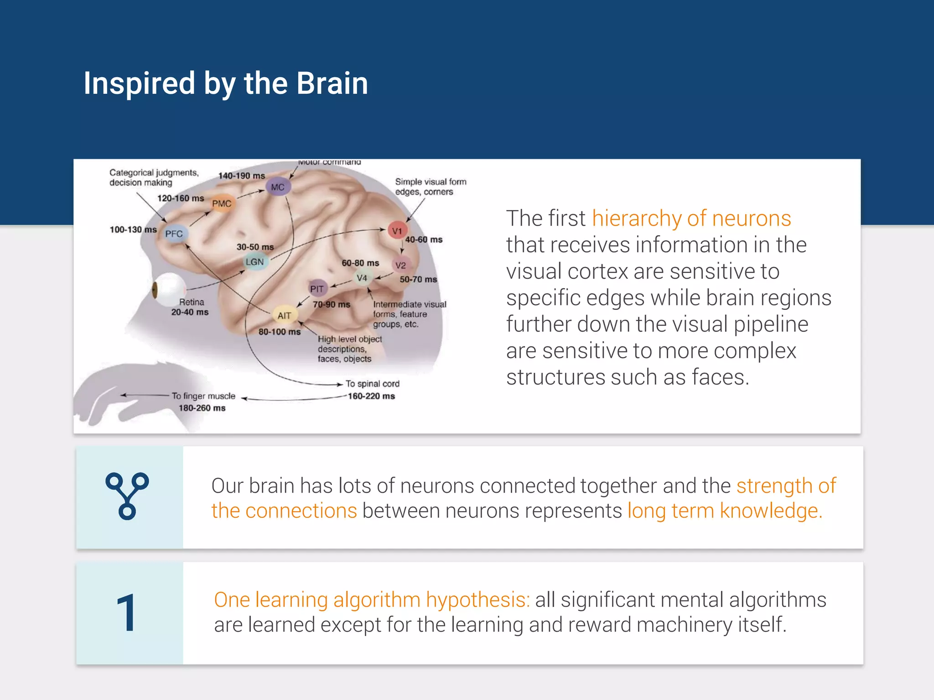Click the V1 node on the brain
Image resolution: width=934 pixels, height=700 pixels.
[x=397, y=231]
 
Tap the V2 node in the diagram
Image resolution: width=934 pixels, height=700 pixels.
[x=400, y=265]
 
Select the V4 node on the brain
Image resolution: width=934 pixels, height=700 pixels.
[x=362, y=278]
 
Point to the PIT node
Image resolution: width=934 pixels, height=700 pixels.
[x=317, y=289]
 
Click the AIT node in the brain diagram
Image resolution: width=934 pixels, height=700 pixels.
[x=285, y=315]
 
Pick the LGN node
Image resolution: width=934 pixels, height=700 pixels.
[x=254, y=262]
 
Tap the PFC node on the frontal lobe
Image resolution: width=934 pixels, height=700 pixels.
[x=174, y=234]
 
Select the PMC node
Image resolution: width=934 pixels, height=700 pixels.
[x=222, y=204]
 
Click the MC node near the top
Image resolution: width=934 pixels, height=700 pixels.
[x=278, y=187]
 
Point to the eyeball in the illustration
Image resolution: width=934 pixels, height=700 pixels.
[x=167, y=289]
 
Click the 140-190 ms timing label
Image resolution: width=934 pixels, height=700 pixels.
[x=241, y=176]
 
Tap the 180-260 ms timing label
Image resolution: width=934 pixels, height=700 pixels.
[x=202, y=408]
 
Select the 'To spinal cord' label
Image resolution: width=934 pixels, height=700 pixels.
[x=372, y=384]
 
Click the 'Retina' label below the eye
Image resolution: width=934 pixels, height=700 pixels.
[x=192, y=302]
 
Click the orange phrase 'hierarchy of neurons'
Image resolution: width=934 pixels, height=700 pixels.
[x=691, y=218]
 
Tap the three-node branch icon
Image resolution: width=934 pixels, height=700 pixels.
[x=127, y=496]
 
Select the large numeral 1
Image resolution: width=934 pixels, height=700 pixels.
[x=126, y=613]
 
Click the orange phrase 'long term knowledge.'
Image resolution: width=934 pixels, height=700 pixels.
[x=725, y=511]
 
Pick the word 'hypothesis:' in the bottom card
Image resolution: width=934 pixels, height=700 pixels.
[x=478, y=600]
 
